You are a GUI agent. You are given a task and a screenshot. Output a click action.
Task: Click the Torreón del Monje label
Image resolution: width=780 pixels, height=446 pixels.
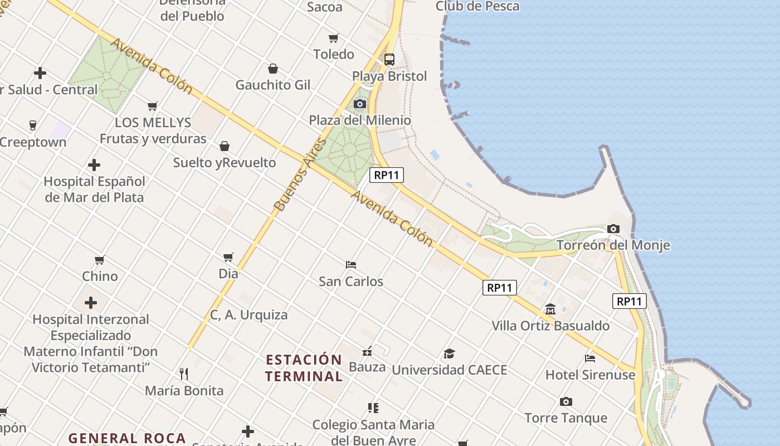click(x=613, y=245)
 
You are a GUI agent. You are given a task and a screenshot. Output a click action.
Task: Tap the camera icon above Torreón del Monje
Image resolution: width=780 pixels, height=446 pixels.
click(x=613, y=229)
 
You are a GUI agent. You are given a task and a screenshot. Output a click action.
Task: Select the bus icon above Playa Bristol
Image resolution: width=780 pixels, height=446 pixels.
click(x=389, y=59)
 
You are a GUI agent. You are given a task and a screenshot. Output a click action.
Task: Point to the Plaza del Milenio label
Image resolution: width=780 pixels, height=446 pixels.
click(x=360, y=120)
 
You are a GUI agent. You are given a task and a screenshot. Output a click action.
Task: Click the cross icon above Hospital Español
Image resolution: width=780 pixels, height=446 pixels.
click(x=94, y=165)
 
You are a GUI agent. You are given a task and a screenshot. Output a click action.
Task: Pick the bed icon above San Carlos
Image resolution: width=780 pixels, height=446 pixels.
click(x=350, y=264)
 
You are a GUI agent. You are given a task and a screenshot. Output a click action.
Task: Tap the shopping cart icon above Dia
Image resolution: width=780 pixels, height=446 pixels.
click(x=228, y=257)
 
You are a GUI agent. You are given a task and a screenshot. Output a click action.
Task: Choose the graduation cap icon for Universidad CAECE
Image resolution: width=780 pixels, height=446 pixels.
click(x=449, y=353)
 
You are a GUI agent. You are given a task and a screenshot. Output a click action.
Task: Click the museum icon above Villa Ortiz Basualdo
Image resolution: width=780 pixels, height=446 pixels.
click(x=550, y=309)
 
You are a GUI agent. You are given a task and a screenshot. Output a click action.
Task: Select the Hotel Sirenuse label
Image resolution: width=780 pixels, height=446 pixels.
click(x=590, y=375)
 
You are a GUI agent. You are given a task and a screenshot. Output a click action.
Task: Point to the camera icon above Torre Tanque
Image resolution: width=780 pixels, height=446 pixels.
click(x=566, y=401)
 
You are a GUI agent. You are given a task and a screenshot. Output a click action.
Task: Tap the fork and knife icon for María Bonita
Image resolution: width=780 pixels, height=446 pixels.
click(x=184, y=374)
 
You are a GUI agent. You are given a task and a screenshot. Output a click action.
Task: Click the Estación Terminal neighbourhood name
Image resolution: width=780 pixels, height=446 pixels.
click(x=304, y=368)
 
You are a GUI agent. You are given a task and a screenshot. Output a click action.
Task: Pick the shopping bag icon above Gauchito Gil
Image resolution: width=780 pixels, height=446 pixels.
click(x=273, y=69)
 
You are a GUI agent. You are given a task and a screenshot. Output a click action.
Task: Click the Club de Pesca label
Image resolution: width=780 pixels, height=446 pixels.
click(x=477, y=7)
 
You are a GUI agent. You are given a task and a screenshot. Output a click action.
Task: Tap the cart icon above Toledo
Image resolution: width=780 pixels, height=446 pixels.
click(x=333, y=38)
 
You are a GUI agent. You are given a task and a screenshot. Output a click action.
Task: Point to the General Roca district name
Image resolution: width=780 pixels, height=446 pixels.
click(x=127, y=438)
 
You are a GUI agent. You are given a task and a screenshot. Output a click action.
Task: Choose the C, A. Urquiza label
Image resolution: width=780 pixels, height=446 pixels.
click(x=249, y=315)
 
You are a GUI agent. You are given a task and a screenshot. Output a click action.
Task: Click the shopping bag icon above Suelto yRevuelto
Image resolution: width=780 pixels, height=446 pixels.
click(x=224, y=146)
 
